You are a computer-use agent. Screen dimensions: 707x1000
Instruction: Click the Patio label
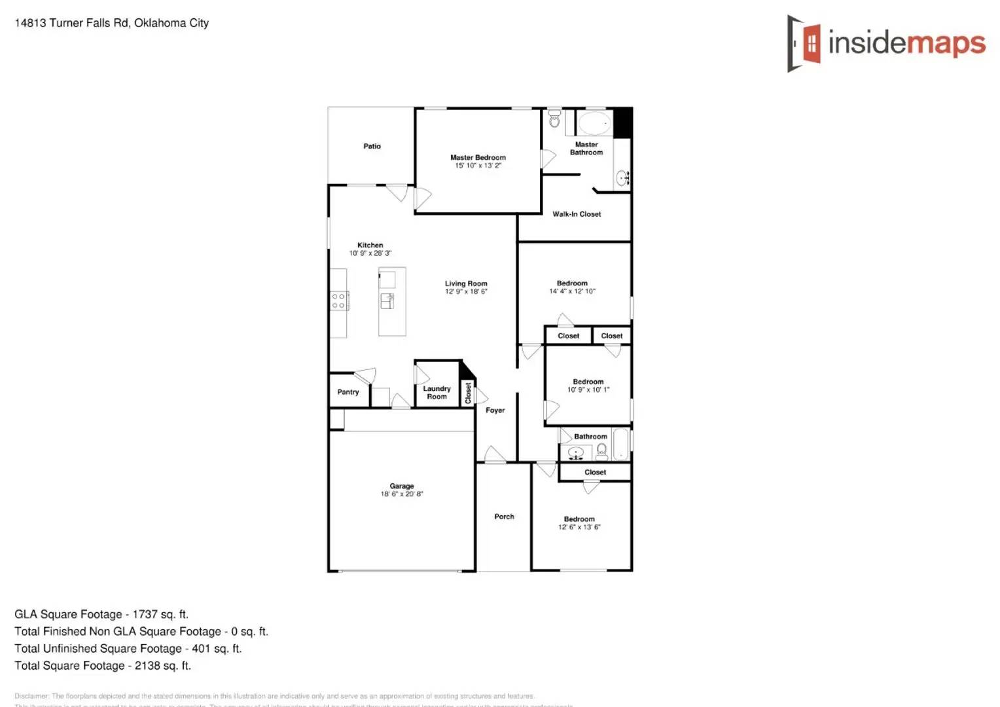click(372, 146)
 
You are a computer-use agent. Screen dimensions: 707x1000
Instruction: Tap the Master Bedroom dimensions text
click(478, 166)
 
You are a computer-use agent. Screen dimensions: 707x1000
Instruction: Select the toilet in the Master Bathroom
click(554, 120)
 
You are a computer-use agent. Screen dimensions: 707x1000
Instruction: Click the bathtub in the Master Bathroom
click(594, 123)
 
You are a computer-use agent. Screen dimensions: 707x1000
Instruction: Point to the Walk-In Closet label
click(577, 214)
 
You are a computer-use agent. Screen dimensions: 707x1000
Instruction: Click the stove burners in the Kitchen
click(338, 301)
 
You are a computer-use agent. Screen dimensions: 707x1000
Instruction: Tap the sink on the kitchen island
click(387, 300)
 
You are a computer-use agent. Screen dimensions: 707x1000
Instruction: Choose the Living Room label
click(466, 283)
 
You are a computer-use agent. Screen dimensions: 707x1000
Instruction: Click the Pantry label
click(348, 392)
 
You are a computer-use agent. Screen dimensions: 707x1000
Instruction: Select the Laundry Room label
click(437, 393)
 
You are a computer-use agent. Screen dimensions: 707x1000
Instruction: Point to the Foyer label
click(495, 410)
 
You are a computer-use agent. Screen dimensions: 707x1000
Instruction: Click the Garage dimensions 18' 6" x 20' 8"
click(402, 494)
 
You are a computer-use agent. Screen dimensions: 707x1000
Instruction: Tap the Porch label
click(504, 517)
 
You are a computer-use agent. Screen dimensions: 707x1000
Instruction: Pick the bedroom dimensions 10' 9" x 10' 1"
click(588, 390)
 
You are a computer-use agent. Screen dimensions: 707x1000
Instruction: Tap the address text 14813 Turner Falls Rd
click(72, 23)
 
